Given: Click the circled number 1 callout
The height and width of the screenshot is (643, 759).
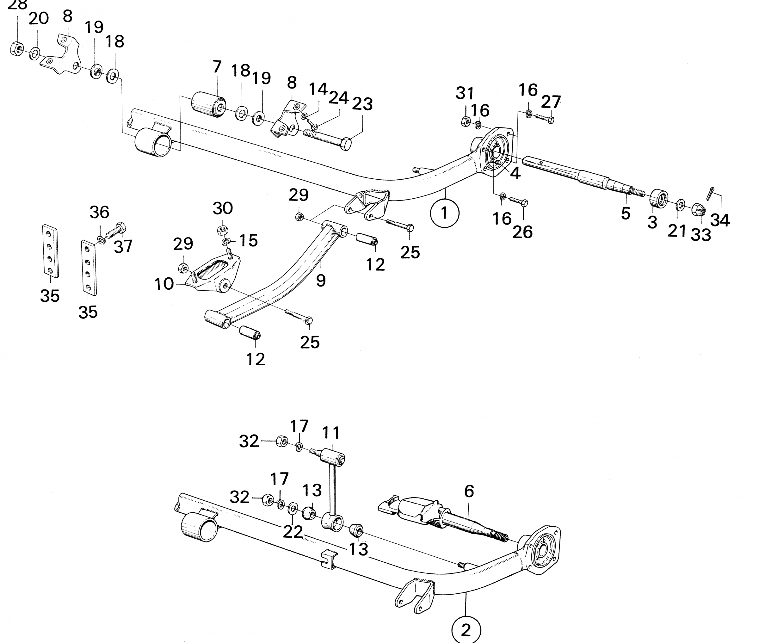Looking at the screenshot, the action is tap(444, 213).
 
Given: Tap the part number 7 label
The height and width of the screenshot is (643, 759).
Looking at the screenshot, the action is tap(217, 67).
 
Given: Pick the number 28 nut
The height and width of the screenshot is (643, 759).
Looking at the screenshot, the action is tap(16, 49).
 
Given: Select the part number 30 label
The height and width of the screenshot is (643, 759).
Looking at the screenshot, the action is tap(223, 208).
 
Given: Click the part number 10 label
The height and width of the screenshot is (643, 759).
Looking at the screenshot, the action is tap(164, 284).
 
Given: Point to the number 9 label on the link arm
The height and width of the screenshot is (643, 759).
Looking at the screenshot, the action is tap(321, 280).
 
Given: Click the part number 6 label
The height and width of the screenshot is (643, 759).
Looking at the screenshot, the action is tap(469, 492).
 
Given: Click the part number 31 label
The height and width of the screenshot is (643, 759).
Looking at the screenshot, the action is tap(465, 94).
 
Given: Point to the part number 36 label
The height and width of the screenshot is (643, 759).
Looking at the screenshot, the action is tap(100, 212).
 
